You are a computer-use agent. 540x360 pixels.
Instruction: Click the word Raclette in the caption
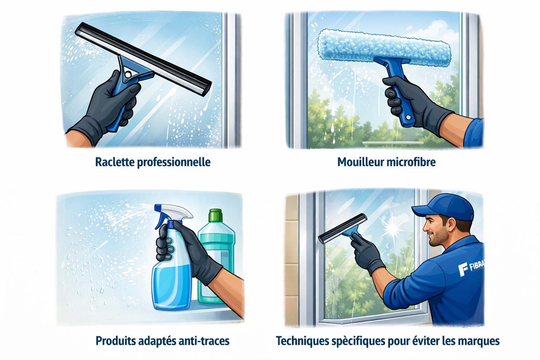[115, 162]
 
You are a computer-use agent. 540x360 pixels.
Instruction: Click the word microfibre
[410, 162]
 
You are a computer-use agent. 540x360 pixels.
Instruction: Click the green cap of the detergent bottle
[216, 215]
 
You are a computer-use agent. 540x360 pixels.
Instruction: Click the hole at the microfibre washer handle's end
[408, 117]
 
